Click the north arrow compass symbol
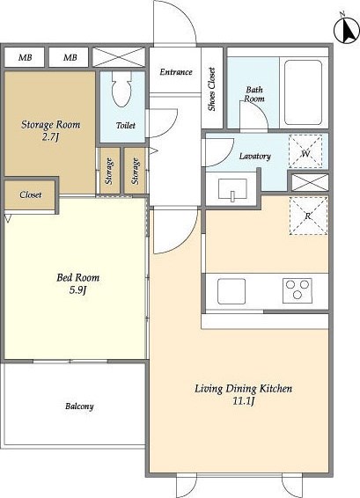click(x=347, y=31)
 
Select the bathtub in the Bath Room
click(x=303, y=92)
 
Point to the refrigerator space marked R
click(x=308, y=216)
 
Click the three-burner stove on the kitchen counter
click(x=298, y=290)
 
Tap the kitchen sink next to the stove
click(x=231, y=291)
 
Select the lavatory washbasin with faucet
click(x=232, y=189)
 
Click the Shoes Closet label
click(x=211, y=89)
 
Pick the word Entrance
click(x=176, y=72)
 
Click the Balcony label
click(x=79, y=406)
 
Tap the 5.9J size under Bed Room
click(x=77, y=290)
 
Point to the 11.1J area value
click(x=244, y=401)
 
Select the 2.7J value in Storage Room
click(x=51, y=137)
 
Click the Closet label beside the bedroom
click(x=31, y=194)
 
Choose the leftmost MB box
click(x=25, y=57)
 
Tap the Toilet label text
click(x=126, y=126)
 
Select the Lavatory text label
click(x=255, y=156)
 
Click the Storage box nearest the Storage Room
click(x=110, y=171)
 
